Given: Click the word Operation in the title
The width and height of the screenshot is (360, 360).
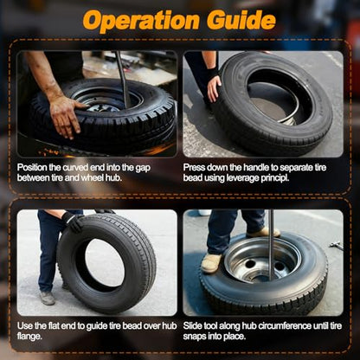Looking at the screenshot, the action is coord(141,21).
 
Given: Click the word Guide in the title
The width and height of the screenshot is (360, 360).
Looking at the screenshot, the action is coord(241,20).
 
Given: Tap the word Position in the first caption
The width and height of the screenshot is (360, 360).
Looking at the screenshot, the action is coord(32,168).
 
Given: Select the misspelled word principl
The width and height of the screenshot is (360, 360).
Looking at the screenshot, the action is coord(275,178).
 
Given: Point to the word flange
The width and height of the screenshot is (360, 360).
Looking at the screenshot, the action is coord(29,337).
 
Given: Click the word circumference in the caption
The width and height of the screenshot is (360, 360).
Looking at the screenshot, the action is coord(285,326).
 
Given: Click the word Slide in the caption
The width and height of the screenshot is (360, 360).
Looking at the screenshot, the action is coord(192,326).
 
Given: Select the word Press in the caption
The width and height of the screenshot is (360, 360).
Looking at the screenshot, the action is coord(194,168).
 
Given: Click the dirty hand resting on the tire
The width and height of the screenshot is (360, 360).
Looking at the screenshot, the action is coord(66,115).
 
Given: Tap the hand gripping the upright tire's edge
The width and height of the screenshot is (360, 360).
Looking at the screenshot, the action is coord(214,88).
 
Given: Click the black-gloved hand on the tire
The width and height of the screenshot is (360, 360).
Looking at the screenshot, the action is coord(73,222).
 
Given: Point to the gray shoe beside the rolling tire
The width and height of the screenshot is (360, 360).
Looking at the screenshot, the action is coord(48,298).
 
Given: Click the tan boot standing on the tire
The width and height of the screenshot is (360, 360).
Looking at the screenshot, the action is coord(211,263).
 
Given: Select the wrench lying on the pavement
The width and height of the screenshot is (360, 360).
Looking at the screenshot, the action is coord(337,246).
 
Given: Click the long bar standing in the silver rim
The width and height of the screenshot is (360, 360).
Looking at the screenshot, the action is coord(271,245).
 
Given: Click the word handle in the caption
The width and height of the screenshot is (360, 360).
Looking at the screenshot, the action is coord(254,168).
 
